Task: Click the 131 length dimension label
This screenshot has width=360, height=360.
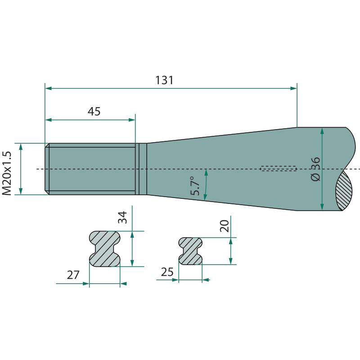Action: (164, 80)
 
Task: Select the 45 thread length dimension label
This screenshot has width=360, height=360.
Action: (94, 111)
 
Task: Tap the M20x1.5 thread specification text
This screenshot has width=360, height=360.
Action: (7, 173)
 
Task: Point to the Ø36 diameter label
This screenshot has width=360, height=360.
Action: (315, 169)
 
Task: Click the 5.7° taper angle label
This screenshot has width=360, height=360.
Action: (195, 186)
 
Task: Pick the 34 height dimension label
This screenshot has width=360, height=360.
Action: (122, 217)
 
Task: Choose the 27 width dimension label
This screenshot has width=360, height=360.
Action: (73, 275)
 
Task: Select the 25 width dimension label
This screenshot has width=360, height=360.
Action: (167, 272)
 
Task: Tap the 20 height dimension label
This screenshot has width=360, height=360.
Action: (225, 226)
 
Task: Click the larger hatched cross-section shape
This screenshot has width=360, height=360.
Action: (104, 249)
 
